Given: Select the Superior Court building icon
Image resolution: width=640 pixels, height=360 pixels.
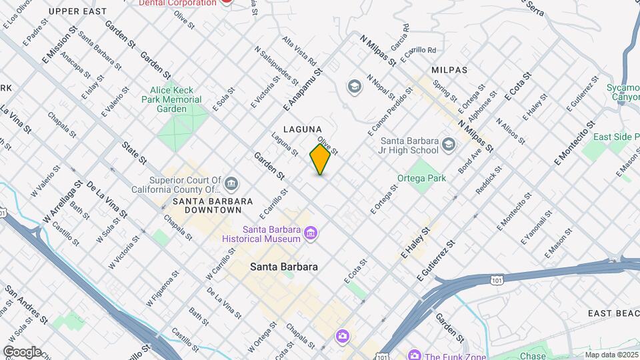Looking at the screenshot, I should [231, 183].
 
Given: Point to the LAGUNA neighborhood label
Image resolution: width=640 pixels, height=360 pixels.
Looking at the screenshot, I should [302, 129].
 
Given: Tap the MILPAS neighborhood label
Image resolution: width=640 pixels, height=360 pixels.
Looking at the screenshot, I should [449, 69].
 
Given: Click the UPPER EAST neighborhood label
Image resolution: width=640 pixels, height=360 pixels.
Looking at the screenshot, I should [77, 11].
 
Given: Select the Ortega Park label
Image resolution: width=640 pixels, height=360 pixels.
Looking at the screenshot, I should [421, 178].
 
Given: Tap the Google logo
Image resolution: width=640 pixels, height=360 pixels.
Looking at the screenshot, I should [21, 351].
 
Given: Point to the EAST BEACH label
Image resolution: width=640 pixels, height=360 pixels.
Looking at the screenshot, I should [613, 313].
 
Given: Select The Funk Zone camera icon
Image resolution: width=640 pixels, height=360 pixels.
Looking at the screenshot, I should [414, 356].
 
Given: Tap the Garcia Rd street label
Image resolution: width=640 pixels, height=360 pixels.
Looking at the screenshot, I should [400, 38].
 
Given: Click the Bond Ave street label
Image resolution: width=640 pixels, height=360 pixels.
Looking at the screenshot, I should [471, 161].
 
